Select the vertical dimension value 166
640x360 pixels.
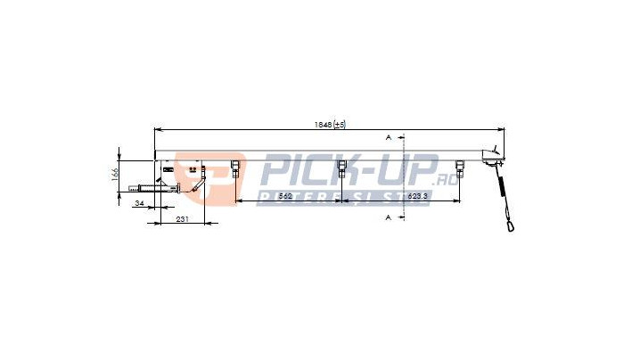(x=115, y=176)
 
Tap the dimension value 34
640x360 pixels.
(x=138, y=204)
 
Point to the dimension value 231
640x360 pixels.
(x=182, y=217)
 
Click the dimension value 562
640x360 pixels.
(x=286, y=195)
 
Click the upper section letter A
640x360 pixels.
(x=389, y=138)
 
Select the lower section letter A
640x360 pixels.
(x=389, y=217)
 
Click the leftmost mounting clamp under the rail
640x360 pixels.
(x=235, y=168)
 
